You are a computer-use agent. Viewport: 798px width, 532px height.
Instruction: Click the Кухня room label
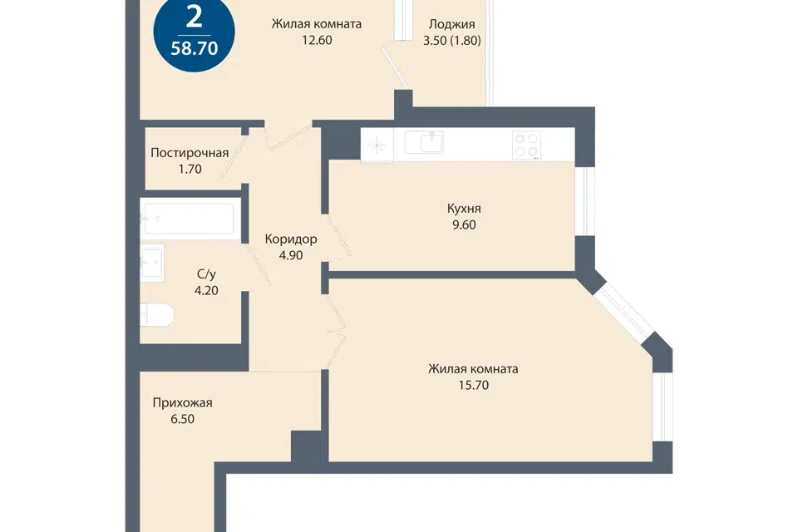(x=464, y=208)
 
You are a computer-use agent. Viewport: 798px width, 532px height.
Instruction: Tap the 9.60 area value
(x=464, y=224)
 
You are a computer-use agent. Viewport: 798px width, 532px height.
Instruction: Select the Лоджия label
(x=452, y=24)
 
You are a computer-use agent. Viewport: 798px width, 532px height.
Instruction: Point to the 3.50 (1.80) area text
(x=452, y=40)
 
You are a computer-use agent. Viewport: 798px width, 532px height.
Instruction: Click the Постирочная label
(x=190, y=153)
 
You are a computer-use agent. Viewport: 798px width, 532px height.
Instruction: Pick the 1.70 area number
(x=190, y=169)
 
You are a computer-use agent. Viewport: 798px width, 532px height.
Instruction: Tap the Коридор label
(x=291, y=239)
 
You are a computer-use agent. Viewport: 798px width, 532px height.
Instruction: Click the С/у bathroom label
(x=206, y=274)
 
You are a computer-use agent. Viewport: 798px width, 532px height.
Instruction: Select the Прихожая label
(x=182, y=402)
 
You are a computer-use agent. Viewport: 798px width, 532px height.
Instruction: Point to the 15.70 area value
(x=473, y=385)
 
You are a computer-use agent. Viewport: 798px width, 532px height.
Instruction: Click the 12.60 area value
(x=317, y=40)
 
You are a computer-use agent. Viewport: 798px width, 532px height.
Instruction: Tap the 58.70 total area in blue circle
(x=195, y=48)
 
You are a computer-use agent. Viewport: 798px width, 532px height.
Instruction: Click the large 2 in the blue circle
(x=195, y=19)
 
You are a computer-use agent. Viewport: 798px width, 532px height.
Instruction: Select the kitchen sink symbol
(x=424, y=142)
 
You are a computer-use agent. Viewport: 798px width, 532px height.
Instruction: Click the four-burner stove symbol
(x=527, y=145)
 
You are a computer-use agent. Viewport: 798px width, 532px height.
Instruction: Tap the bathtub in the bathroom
(x=188, y=219)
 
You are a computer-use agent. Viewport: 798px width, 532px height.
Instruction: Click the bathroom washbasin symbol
(x=152, y=263)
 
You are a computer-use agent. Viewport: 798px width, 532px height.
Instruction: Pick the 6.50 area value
(x=182, y=419)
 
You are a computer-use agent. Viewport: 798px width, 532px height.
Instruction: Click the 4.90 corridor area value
(x=291, y=255)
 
